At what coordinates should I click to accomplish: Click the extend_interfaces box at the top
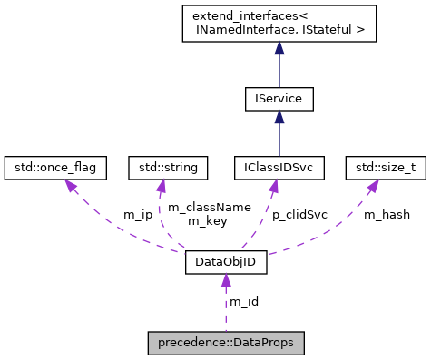click(x=278, y=24)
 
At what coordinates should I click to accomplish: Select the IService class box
click(x=278, y=98)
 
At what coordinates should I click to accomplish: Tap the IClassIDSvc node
click(x=279, y=167)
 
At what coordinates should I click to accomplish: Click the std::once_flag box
click(x=55, y=167)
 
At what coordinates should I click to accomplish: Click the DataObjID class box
click(x=225, y=263)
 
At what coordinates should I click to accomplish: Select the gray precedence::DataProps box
click(x=225, y=345)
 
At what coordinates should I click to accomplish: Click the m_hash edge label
click(x=387, y=215)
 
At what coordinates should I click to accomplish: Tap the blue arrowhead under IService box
click(x=278, y=119)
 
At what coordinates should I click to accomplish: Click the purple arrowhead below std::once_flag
click(x=63, y=186)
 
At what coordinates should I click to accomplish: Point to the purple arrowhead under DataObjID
click(x=225, y=282)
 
